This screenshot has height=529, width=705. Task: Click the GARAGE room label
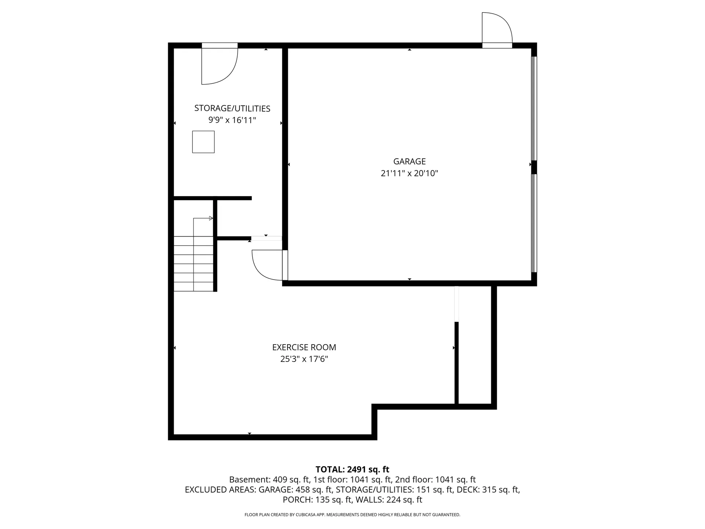point(409,161)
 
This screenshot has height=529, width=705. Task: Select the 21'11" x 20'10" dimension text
point(409,173)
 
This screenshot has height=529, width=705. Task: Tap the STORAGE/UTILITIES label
point(232,108)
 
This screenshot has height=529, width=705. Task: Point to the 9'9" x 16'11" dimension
point(232,120)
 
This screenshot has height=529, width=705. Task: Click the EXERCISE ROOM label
point(304,347)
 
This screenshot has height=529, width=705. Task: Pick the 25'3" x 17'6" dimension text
point(304,359)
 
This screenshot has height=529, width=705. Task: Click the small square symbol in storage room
point(203,142)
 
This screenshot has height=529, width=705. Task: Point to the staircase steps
point(193,264)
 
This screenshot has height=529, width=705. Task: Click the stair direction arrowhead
point(211,218)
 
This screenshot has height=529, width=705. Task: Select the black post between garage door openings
point(534,167)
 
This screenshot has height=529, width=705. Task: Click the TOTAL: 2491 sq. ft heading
point(352,469)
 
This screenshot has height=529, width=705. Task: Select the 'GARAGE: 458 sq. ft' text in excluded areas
point(295,490)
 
